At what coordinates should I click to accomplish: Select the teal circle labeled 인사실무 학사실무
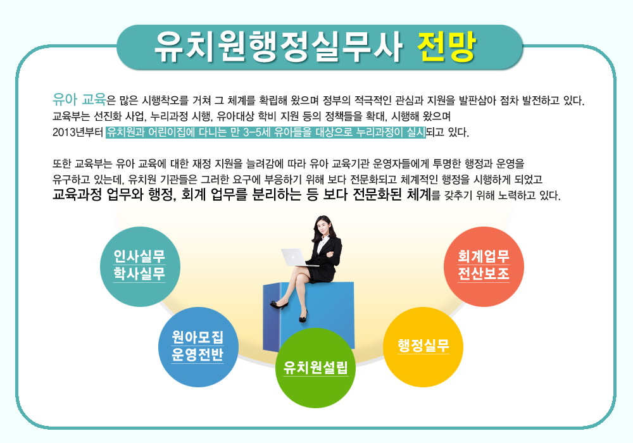click(x=140, y=266)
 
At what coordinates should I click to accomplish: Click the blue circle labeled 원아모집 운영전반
click(x=198, y=347)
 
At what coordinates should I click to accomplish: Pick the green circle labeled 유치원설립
click(x=315, y=368)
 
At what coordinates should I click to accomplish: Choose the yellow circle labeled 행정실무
click(x=423, y=347)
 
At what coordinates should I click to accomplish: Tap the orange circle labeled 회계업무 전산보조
click(x=484, y=266)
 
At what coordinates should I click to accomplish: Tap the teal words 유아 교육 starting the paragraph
click(x=79, y=99)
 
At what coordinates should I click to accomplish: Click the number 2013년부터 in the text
click(x=78, y=132)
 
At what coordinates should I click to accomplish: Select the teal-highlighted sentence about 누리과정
click(x=266, y=132)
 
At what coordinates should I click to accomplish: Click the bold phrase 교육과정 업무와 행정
click(x=114, y=194)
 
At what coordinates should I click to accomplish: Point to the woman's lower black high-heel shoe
click(x=303, y=317)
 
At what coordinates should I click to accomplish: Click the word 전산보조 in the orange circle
click(x=484, y=273)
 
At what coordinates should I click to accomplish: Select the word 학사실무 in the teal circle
click(x=139, y=273)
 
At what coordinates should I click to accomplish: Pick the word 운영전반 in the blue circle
click(x=197, y=354)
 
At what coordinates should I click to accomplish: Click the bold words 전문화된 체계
click(x=392, y=194)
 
